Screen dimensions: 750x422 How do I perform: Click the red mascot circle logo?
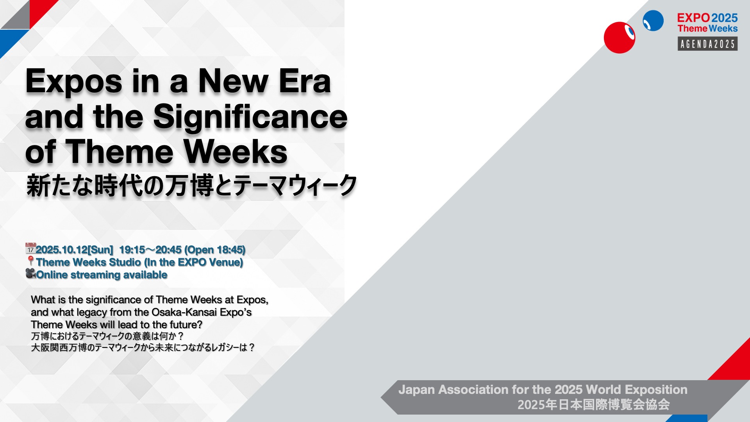(620, 38)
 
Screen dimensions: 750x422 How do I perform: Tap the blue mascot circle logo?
(653, 21)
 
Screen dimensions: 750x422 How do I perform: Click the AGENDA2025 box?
(707, 44)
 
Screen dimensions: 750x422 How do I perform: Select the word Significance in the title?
(250, 117)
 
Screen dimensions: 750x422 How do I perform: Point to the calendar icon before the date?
(30, 249)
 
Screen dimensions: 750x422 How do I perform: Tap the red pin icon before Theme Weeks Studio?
(30, 261)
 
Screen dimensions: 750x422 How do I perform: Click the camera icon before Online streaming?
(30, 274)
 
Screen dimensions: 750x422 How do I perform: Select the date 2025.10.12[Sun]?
(74, 250)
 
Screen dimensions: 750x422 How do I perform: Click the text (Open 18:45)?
(215, 250)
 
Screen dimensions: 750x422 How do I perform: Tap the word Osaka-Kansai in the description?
(184, 312)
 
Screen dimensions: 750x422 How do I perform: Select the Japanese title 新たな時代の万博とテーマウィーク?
(191, 186)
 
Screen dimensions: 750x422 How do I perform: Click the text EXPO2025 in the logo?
(707, 18)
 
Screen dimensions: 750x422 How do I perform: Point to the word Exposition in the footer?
(656, 390)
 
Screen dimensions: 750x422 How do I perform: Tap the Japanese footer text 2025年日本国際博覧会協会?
(594, 404)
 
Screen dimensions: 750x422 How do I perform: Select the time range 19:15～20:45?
(150, 250)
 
